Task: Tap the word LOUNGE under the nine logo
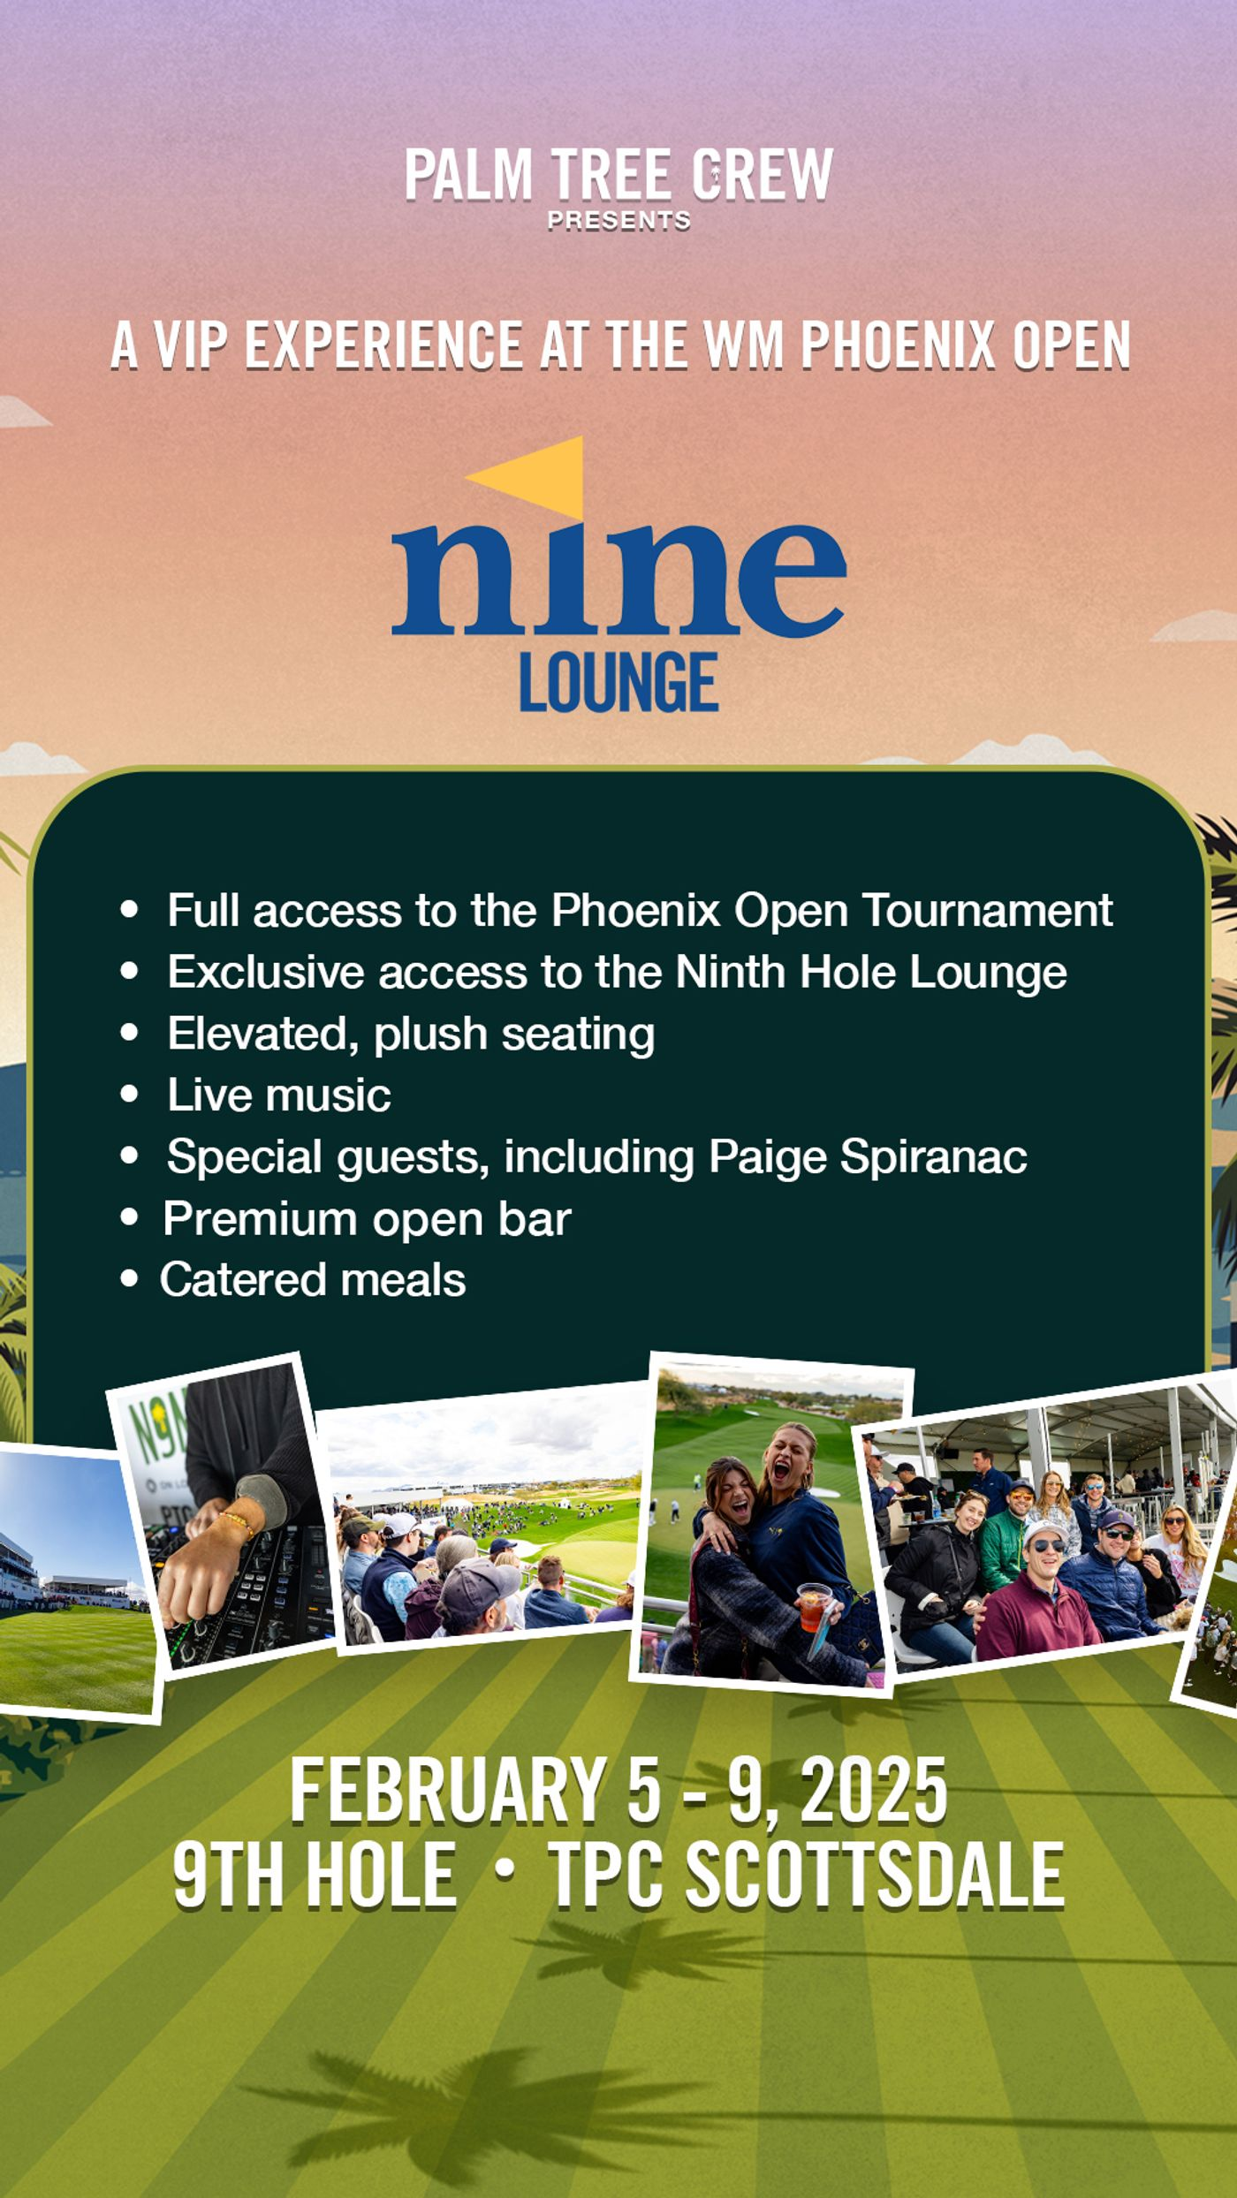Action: pyautogui.click(x=618, y=682)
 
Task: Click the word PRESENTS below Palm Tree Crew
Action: pyautogui.click(x=618, y=221)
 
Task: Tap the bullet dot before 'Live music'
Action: pyautogui.click(x=130, y=1095)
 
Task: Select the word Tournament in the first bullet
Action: pyautogui.click(x=987, y=910)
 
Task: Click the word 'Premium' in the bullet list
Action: pyautogui.click(x=259, y=1219)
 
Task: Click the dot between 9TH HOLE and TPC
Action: pyautogui.click(x=504, y=1871)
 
